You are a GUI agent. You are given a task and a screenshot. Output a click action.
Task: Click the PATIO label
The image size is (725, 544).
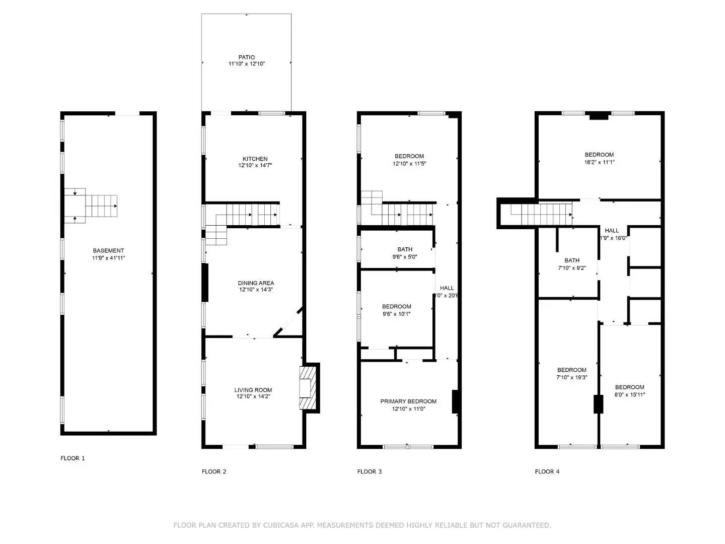[246, 57]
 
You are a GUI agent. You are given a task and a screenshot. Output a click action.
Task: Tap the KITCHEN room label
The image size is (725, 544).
[255, 159]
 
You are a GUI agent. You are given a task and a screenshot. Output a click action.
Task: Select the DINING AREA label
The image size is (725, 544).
[256, 283]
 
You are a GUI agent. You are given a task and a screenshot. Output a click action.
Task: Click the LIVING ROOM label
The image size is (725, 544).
[253, 390]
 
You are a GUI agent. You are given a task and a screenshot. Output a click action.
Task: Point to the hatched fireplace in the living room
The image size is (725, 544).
[307, 388]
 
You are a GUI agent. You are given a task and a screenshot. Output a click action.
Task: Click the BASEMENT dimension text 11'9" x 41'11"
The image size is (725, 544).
[108, 258]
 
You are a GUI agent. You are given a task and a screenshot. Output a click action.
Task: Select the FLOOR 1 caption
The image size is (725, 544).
[73, 458]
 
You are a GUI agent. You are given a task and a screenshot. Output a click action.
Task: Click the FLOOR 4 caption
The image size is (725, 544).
[547, 472]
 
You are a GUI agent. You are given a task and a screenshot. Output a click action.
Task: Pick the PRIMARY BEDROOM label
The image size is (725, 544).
[408, 401]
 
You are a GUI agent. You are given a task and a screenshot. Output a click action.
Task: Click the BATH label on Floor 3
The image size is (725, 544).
[405, 249]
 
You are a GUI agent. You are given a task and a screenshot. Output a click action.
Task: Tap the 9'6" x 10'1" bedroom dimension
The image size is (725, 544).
[396, 314]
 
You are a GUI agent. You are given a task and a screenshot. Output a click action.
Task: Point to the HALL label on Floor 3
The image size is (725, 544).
[447, 288]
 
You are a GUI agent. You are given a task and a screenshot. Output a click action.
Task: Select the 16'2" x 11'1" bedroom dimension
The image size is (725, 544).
[599, 162]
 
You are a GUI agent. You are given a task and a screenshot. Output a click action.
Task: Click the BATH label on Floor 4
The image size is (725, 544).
[572, 260]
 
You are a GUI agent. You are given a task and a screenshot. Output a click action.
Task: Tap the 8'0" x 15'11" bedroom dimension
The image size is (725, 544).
[629, 395]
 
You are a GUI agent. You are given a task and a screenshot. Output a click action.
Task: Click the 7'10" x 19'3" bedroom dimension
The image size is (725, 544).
[572, 377]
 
